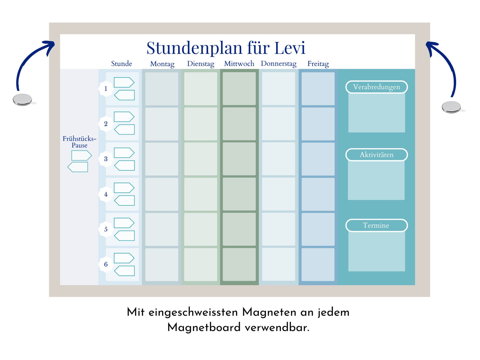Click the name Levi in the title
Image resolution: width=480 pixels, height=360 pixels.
coord(290,48)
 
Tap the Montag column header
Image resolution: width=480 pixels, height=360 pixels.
coord(162,64)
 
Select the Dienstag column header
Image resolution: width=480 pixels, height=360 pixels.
coord(201,64)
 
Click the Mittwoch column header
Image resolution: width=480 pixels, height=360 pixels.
coord(239,64)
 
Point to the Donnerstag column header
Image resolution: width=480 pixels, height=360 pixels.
coord(279,64)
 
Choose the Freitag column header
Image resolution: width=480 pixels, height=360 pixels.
coord(318,64)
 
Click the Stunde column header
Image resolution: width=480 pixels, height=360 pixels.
coord(122,64)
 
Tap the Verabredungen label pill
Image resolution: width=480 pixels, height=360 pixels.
coord(376,87)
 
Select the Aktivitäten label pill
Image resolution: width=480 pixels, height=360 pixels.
coord(376,155)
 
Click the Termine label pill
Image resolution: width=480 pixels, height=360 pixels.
coord(376,225)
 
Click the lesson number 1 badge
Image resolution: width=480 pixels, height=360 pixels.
coord(106,89)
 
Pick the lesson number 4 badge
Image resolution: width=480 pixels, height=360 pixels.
coord(106,194)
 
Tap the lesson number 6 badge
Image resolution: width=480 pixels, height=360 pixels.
coord(106,264)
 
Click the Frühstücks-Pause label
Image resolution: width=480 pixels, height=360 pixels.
coord(79,142)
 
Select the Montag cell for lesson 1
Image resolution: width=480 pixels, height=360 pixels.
coord(162,89)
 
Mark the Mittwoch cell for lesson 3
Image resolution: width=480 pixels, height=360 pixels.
coord(239,159)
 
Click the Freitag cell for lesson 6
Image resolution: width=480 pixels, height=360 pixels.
coord(318,264)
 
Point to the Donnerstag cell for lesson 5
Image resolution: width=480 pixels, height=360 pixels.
coord(279,229)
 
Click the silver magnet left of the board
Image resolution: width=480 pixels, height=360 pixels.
coord(22,100)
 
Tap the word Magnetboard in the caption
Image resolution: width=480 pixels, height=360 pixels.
coord(204,327)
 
